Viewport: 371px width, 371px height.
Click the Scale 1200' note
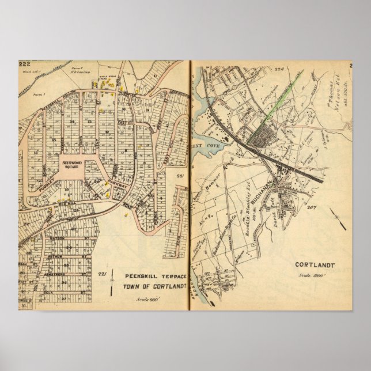tap(319, 277)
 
